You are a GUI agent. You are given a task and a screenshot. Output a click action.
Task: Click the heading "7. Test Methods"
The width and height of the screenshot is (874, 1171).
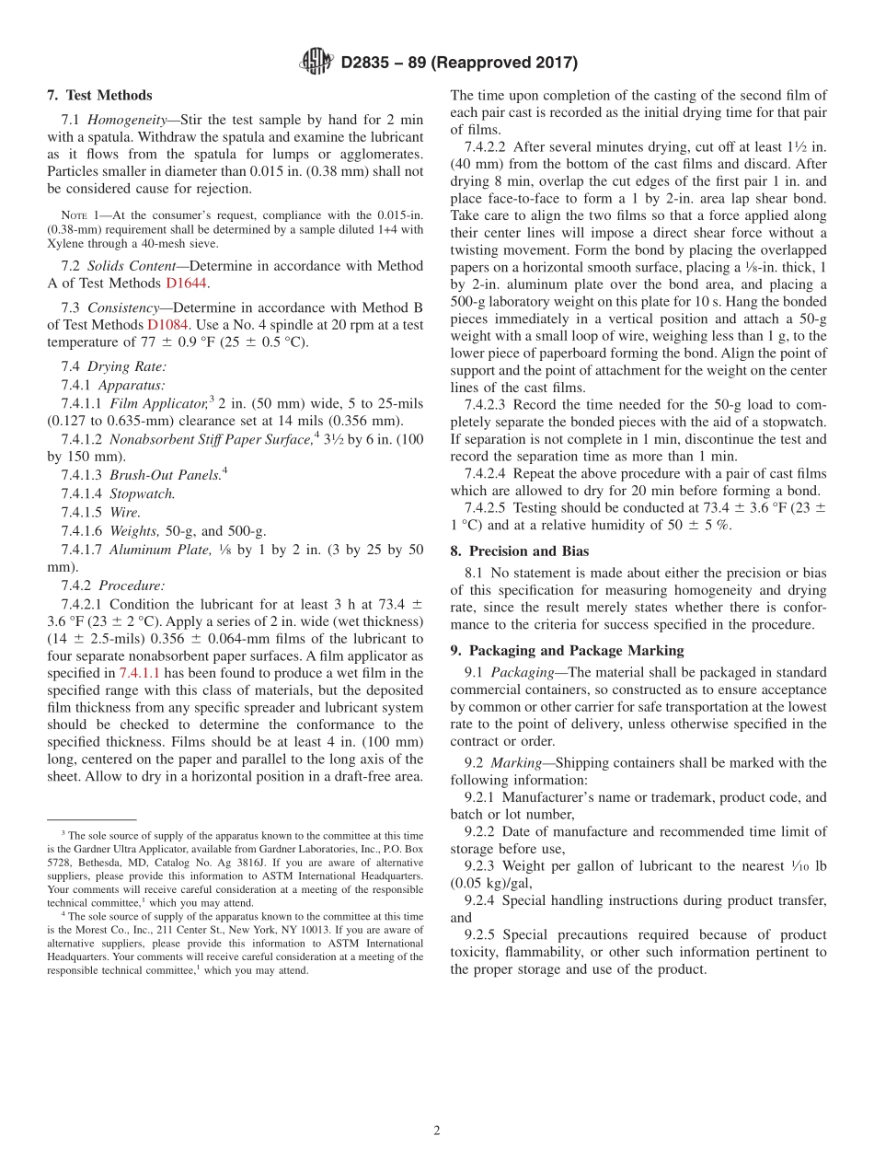click(99, 95)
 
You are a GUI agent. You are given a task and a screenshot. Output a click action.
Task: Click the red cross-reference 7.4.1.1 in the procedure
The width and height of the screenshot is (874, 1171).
click(140, 673)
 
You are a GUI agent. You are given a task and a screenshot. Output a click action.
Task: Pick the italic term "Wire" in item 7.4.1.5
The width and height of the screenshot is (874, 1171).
click(125, 512)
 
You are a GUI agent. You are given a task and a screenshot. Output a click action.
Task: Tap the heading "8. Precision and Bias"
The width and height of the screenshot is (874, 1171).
click(519, 551)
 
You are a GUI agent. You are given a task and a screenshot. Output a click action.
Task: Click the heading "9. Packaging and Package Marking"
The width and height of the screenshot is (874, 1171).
click(567, 651)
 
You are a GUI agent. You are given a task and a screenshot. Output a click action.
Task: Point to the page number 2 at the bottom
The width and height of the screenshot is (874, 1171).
click(437, 1130)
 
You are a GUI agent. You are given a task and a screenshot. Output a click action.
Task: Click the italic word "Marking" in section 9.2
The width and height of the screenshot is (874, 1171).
click(514, 762)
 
